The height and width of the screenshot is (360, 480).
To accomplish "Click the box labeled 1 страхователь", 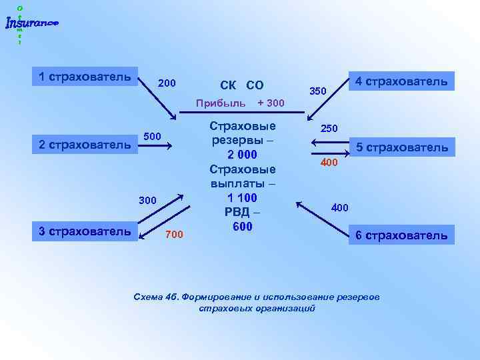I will tap(85, 77).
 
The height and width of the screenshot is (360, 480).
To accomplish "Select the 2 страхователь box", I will tap(85, 144).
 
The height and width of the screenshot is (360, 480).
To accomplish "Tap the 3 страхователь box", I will tap(85, 231).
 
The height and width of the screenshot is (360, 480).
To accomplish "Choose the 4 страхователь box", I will tap(401, 81).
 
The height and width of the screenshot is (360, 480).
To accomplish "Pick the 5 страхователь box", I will tap(401, 147).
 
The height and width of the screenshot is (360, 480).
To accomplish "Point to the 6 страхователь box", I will tap(401, 235).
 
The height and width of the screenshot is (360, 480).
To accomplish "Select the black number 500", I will tap(152, 137).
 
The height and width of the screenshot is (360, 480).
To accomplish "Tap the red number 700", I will tap(173, 234).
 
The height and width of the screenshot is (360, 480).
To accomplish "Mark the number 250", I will tap(329, 127).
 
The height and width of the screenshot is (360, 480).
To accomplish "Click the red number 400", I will tap(329, 162).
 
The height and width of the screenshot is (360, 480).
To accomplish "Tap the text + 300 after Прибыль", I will tap(271, 103).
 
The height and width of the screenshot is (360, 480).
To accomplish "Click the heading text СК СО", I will tap(241, 85).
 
